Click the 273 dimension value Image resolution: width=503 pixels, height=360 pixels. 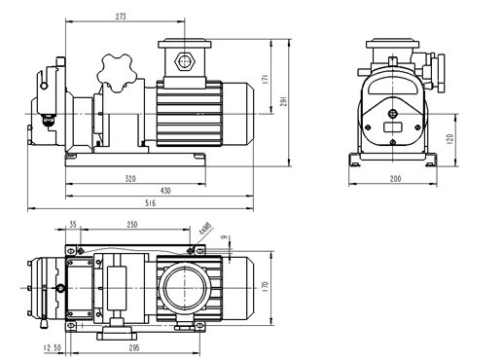pos(121,17)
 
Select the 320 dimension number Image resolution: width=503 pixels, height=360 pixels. pos(130,179)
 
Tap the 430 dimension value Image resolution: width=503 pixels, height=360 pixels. pos(165,191)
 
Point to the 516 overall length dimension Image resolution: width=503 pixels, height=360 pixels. pos(150,203)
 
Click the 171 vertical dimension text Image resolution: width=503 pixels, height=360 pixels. pos(265,80)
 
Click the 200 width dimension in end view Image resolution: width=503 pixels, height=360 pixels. pos(395,179)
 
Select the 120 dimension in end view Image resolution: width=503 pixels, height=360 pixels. pos(449,139)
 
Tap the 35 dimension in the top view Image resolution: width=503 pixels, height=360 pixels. pos(73,225)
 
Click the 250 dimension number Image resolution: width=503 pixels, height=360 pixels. pos(132,225)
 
